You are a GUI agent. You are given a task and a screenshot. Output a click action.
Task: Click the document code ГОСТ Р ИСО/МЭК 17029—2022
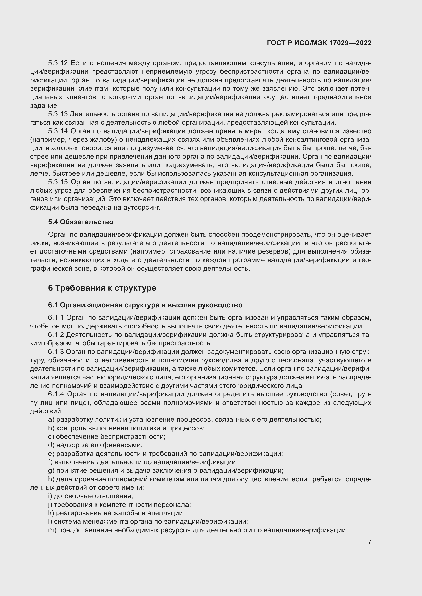[x=319, y=43]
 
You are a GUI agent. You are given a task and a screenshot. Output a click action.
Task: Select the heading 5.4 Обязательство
[x=81, y=222]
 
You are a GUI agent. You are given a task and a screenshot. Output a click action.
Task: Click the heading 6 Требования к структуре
[x=102, y=288]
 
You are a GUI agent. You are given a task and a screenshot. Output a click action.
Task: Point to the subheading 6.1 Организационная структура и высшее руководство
[x=145, y=305]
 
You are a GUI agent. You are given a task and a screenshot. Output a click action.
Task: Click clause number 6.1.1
[x=56, y=318]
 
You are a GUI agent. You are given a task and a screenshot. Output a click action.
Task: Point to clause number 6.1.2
[x=56, y=335]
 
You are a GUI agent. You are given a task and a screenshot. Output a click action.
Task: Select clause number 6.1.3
[x=56, y=352]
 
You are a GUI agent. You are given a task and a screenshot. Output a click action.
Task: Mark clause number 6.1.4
[x=56, y=394]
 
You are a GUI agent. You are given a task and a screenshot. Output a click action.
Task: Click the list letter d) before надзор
[x=51, y=445]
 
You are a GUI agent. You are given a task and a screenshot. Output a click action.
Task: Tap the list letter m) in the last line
[x=52, y=530]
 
